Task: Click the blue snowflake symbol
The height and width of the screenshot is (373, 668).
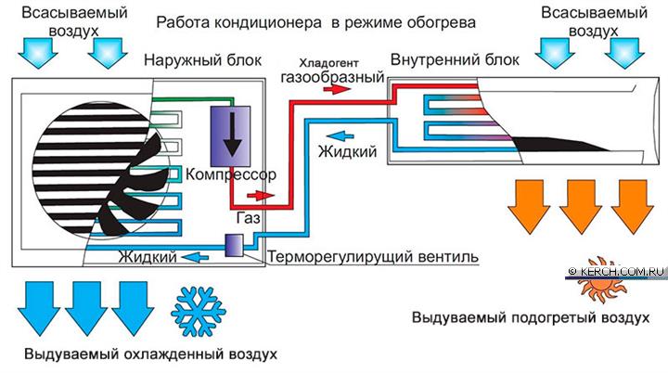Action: pos(199,311)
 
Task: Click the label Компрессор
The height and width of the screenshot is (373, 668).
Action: pos(230,174)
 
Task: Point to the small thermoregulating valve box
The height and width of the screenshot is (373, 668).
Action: pos(234,246)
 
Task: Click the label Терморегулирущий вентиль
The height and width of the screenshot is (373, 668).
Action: pos(373,257)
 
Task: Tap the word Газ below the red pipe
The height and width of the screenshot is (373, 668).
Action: pos(249,218)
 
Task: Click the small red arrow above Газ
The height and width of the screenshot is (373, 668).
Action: pos(261,196)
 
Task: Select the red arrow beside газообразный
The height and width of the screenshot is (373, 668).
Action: pos(337,89)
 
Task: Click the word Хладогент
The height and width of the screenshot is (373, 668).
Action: pos(328,63)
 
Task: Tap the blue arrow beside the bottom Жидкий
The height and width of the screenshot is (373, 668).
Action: pos(195,257)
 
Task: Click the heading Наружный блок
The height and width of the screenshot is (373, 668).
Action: pos(203,60)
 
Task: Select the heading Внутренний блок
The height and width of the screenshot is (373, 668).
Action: pos(455,59)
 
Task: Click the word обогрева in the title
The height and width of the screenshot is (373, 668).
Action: pos(441,22)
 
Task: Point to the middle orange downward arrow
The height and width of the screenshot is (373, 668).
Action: pos(580,207)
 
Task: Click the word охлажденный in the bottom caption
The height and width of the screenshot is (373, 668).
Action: pos(174,354)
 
